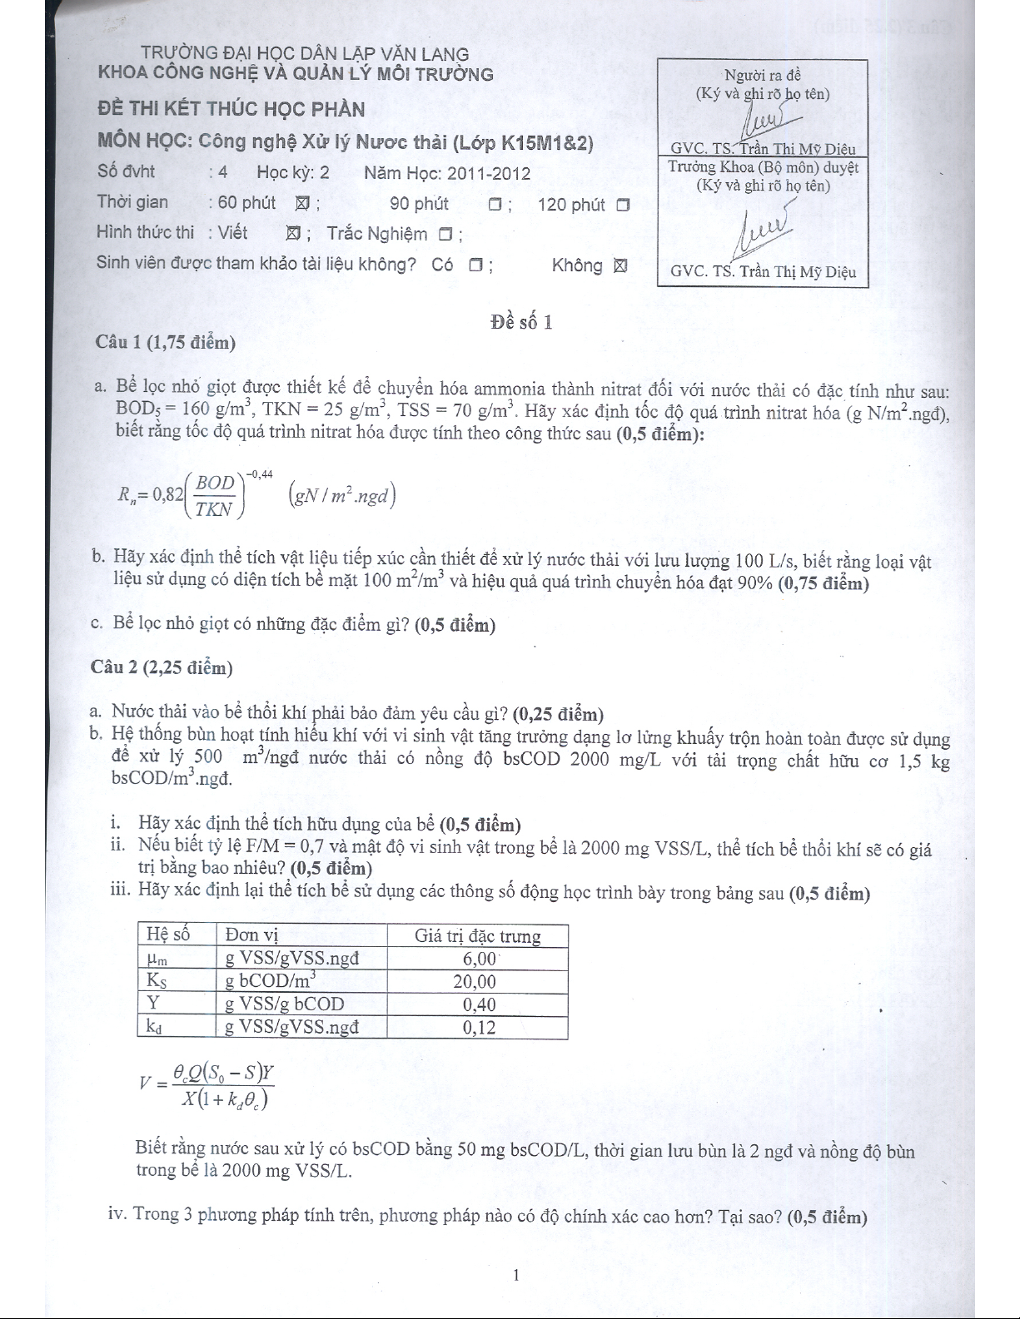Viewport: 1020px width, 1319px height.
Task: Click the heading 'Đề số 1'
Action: [521, 322]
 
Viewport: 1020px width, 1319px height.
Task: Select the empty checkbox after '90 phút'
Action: [495, 205]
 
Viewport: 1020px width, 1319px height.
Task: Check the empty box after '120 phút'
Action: [623, 205]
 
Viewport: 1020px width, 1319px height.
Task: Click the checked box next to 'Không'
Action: [619, 266]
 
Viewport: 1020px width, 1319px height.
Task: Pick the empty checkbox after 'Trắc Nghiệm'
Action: [445, 236]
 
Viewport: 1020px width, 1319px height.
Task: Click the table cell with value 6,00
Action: [479, 959]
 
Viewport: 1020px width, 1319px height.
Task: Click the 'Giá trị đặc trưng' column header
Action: [477, 936]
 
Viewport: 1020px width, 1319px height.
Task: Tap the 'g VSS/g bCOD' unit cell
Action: [284, 1004]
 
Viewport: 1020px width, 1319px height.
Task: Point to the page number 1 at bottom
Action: [516, 1275]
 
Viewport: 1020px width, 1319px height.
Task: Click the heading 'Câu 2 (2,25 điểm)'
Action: [162, 667]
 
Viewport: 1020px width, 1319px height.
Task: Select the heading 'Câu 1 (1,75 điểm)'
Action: [165, 342]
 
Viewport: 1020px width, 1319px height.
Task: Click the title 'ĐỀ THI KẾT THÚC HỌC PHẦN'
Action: [231, 109]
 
